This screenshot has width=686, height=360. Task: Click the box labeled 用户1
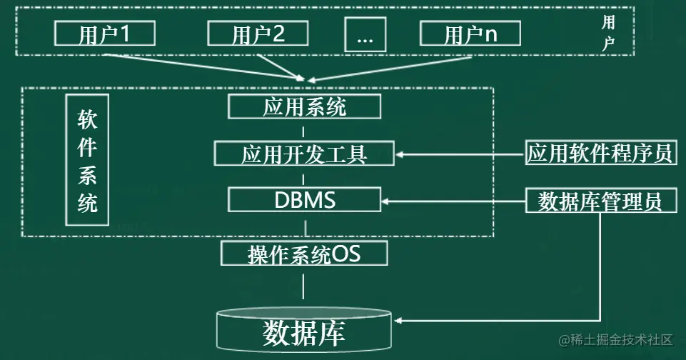(x=104, y=34)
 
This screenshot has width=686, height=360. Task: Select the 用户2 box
(x=258, y=34)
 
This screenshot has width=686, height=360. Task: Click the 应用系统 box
(x=304, y=107)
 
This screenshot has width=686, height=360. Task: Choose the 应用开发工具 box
(x=304, y=154)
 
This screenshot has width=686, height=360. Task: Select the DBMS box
(x=304, y=200)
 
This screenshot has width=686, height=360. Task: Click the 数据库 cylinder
(x=305, y=330)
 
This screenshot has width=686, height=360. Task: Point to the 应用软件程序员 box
(x=600, y=153)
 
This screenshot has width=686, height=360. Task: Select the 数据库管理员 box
(x=600, y=201)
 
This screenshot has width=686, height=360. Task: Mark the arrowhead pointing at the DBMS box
(x=385, y=201)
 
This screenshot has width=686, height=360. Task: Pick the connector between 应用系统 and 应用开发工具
(x=305, y=131)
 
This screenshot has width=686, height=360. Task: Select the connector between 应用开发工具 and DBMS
(x=305, y=176)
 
